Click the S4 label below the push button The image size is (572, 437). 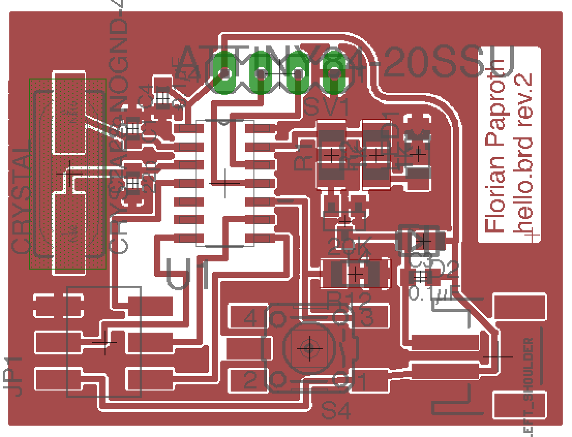(336, 411)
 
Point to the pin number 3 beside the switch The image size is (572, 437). (366, 318)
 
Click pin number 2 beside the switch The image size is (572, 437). (250, 381)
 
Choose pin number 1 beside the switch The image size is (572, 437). (361, 383)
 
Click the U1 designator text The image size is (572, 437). (188, 274)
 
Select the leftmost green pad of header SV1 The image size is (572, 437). (224, 73)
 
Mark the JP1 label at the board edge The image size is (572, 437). (16, 376)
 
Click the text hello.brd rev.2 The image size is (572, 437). (524, 150)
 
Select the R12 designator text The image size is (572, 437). (349, 300)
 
